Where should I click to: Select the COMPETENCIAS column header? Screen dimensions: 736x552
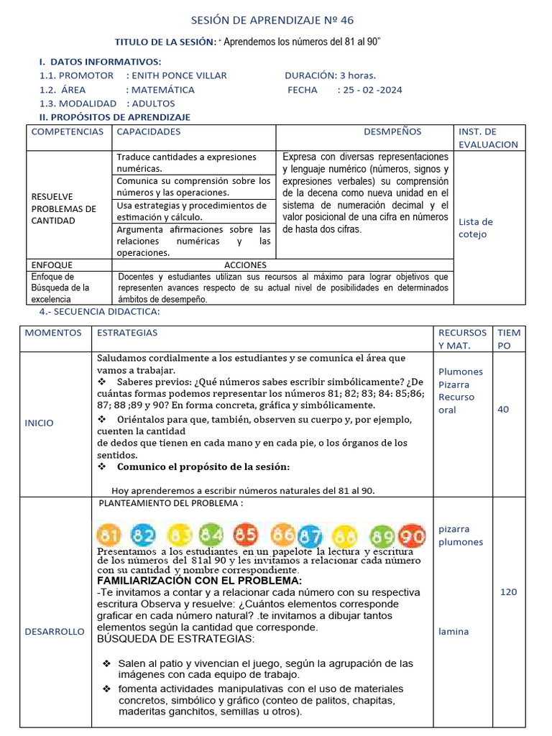point(67,132)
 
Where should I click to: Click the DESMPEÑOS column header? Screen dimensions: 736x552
point(392,132)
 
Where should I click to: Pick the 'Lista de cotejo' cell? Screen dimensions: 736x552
point(475,228)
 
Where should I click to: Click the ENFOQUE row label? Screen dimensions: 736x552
point(52,264)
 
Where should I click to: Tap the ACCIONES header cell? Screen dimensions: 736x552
point(245,264)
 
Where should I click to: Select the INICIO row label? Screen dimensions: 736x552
point(39,423)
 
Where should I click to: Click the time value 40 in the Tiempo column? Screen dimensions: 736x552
point(503,409)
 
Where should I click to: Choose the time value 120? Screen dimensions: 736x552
point(508,592)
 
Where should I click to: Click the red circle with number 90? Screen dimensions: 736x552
point(413,536)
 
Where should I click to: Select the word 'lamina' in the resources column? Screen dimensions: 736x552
point(453,632)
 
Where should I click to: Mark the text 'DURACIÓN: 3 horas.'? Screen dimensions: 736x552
point(330,75)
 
